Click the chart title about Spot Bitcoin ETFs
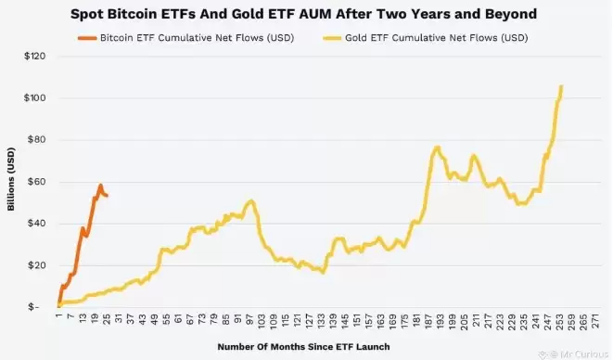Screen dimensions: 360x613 point(306,16)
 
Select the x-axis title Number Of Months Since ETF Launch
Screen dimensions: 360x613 point(303,346)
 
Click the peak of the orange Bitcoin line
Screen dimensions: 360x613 point(100,185)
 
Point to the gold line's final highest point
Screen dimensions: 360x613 point(561,86)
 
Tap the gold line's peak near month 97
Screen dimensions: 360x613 point(250,200)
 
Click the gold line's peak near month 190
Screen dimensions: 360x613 point(437,147)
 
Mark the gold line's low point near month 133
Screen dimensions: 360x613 point(322,273)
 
